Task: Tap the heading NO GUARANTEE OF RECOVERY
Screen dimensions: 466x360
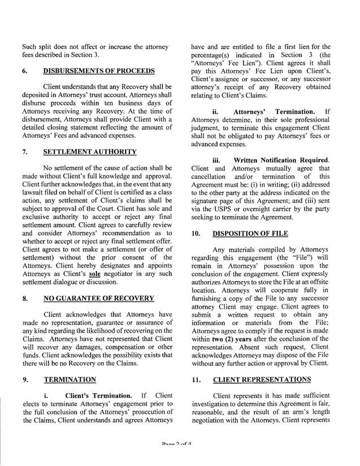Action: click(x=98, y=298)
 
